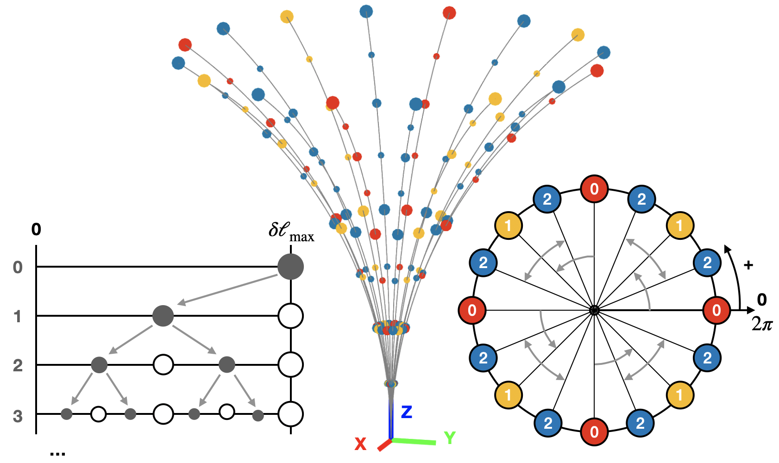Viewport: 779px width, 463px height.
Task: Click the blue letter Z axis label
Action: tap(406, 412)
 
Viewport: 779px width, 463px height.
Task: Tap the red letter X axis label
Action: tap(360, 444)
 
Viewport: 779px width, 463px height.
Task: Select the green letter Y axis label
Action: tap(449, 438)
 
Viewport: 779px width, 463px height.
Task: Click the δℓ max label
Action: tap(291, 231)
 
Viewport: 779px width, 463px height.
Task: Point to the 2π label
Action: tap(762, 324)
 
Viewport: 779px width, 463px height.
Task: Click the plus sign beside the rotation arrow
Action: tap(748, 265)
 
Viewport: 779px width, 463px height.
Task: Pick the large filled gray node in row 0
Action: tap(290, 267)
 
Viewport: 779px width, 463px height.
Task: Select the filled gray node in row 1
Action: tap(163, 316)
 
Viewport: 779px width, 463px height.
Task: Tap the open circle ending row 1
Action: tap(290, 316)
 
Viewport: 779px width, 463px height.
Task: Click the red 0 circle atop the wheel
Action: tap(594, 189)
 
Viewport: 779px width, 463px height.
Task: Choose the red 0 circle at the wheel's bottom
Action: tap(594, 432)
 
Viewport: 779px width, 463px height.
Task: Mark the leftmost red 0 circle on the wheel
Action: tap(472, 310)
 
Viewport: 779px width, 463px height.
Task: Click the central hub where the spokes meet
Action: tap(594, 310)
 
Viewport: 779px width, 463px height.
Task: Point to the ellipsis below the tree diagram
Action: tap(57, 454)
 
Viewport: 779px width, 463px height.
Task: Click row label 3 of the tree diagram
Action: tap(18, 416)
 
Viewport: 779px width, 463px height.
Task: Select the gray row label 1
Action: tap(18, 317)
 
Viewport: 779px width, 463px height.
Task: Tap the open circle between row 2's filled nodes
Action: tap(163, 365)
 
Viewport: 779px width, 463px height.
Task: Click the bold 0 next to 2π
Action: tap(762, 300)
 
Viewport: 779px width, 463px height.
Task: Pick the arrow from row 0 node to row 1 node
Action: tap(227, 290)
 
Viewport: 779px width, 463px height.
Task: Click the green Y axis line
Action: tap(415, 441)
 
